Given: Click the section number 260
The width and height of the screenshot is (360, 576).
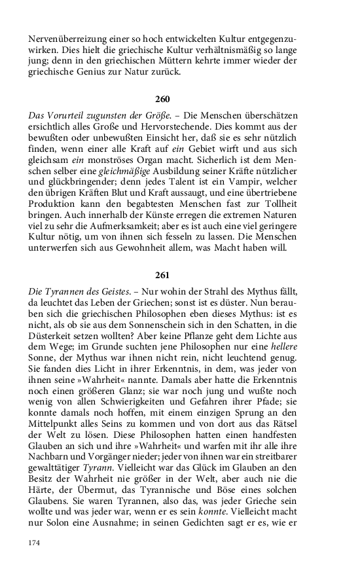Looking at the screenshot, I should click(162, 99).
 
